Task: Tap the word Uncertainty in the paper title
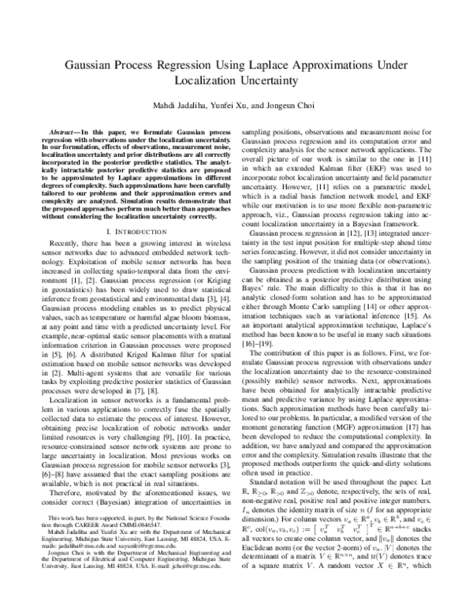coord(255,80)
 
